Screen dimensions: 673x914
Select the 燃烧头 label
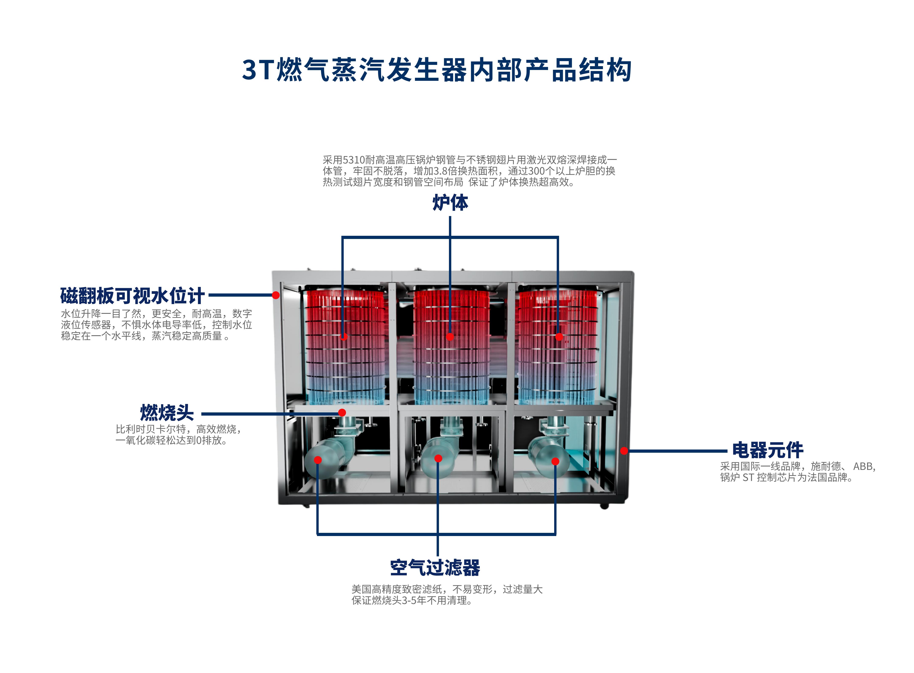click(167, 413)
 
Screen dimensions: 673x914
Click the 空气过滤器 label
click(435, 567)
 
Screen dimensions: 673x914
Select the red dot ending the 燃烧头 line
click(342, 413)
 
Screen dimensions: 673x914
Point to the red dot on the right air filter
click(555, 461)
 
